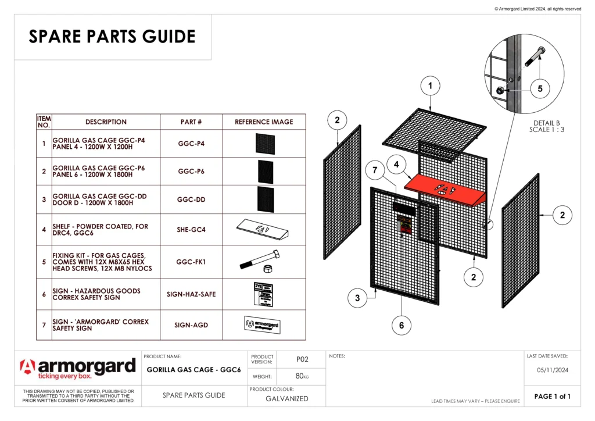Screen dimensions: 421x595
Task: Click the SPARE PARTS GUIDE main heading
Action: point(112,37)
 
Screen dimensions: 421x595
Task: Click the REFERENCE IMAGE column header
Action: point(264,122)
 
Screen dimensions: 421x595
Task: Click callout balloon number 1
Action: point(430,86)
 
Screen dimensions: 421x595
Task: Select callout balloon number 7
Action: point(375,171)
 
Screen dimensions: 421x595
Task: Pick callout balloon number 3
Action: point(357,298)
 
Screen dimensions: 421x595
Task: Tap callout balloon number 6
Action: point(401,325)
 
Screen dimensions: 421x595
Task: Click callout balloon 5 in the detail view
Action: point(540,89)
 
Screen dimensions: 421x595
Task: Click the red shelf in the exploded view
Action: point(445,190)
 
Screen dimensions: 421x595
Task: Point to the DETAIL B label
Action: point(546,123)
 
